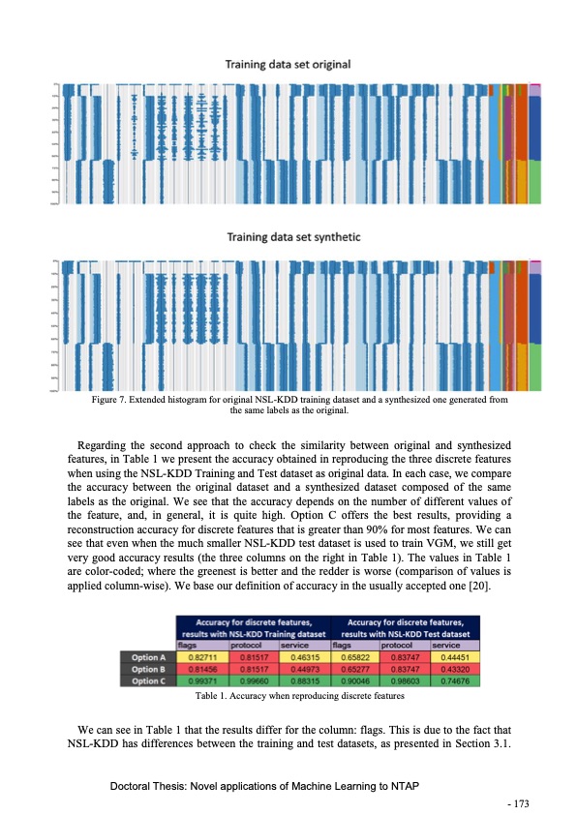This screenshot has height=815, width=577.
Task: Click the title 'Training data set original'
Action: click(x=288, y=64)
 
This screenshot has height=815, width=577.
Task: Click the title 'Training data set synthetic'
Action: click(x=288, y=236)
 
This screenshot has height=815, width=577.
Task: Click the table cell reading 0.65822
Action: click(x=353, y=656)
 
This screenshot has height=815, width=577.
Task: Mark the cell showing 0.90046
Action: click(x=353, y=679)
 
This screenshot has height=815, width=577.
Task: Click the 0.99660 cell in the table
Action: click(x=252, y=679)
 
